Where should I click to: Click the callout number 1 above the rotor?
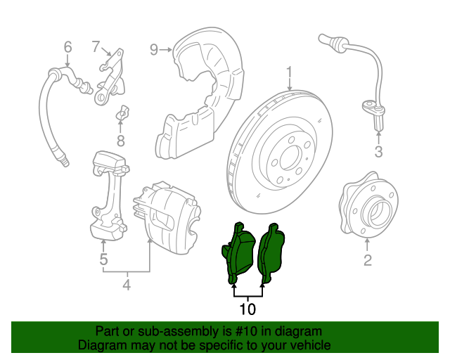288,72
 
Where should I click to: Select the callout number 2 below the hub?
367,262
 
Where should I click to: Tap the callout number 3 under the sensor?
378,152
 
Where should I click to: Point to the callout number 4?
127,285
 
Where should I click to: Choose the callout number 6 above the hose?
67,47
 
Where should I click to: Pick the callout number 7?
96,46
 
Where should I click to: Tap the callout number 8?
120,141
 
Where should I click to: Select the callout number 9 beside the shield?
154,49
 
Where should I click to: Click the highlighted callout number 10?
247,308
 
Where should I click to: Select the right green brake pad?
271,252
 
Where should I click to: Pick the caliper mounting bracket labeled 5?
110,190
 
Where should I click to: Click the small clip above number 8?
121,112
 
